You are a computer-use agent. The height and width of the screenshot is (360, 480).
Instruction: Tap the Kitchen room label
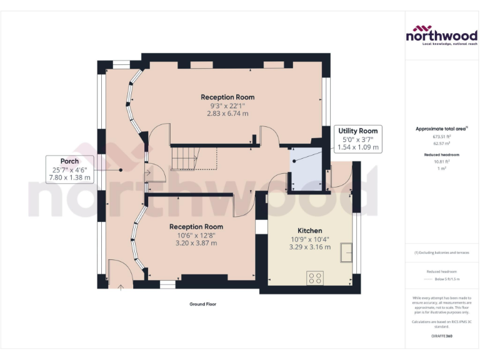point(310,230)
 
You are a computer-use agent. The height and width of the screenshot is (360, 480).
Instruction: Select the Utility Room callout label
point(358,131)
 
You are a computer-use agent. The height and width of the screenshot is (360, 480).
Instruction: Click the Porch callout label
point(69,161)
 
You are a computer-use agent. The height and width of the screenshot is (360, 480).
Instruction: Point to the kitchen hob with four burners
point(315,277)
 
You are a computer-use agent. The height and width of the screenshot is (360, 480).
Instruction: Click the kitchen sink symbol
point(345,252)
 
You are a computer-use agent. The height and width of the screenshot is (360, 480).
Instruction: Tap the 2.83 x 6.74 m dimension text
point(227,114)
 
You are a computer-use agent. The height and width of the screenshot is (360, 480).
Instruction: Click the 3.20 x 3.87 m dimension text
point(196,243)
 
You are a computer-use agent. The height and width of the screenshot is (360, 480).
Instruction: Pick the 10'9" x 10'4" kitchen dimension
point(310,239)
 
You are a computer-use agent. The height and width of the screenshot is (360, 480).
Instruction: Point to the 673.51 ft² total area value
point(442,136)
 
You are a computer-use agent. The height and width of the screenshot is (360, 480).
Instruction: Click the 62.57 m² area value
point(442,142)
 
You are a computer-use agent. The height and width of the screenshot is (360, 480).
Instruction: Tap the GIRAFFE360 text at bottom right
point(442,336)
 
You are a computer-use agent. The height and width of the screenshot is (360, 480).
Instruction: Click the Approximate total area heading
point(441,129)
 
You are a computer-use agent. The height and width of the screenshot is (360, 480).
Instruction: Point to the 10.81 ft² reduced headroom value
point(442,161)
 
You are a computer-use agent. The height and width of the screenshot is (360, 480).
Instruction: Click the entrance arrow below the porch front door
point(121,288)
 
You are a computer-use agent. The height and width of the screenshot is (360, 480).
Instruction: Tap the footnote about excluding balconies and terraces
point(442,252)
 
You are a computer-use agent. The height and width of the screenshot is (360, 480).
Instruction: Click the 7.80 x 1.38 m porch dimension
point(69,177)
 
